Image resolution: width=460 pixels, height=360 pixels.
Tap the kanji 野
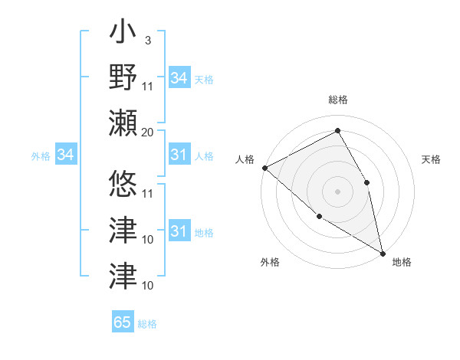coord(123,77)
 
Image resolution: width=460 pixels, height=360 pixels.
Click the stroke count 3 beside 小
coord(147,40)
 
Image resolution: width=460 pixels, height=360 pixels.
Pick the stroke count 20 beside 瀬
coord(147,132)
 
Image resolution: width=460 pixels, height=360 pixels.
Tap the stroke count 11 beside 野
coord(148,86)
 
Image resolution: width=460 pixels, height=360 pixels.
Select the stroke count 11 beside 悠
coord(148,192)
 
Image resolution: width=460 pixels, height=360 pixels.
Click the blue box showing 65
coord(123,322)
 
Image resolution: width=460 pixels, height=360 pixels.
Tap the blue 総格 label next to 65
coord(147,324)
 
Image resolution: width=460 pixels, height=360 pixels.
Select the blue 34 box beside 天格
coord(179,78)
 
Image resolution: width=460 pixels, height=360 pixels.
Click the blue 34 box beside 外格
coord(65,155)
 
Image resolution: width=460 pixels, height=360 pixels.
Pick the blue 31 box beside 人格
coord(179,155)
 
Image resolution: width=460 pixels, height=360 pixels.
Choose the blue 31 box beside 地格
coord(179,231)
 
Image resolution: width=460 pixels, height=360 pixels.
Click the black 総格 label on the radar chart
coord(338,100)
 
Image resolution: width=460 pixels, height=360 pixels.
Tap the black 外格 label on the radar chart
coord(270,262)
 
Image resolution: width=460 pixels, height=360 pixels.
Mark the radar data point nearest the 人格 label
coord(264,168)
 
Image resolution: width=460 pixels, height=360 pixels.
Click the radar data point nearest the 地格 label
coord(383,252)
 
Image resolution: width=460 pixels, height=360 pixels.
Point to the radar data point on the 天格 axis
coord(367,182)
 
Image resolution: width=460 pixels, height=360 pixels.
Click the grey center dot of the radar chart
coord(337,191)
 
